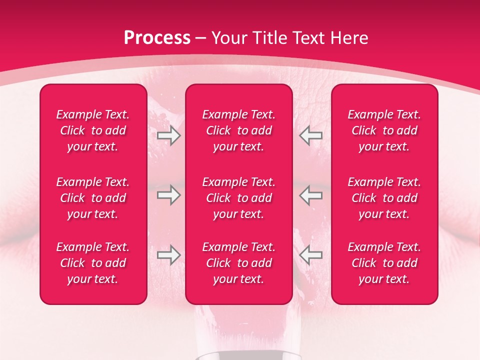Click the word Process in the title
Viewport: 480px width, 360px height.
[x=157, y=38]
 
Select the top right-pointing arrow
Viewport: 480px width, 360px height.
[x=169, y=135]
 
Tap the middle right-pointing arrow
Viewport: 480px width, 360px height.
[x=169, y=195]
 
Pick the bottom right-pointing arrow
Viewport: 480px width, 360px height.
[x=169, y=255]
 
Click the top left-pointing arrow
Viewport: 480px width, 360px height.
[x=311, y=135]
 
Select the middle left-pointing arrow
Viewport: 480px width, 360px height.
[x=311, y=195]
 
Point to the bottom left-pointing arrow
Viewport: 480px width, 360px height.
[x=311, y=255]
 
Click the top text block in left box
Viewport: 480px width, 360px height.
[x=93, y=130]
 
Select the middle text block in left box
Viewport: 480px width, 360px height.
[x=93, y=198]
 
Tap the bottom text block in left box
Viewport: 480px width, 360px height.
[x=93, y=263]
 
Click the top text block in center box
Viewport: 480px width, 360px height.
[x=238, y=130]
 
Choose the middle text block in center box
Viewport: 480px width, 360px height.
[x=238, y=198]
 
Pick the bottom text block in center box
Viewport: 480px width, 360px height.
[x=238, y=263]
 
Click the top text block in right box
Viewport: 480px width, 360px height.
[x=384, y=130]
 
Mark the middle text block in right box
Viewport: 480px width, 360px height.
[x=384, y=198]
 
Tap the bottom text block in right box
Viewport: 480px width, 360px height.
[x=384, y=263]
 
